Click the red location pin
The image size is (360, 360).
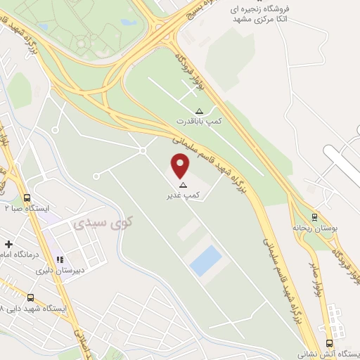(181, 166)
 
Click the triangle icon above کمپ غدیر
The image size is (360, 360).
(183, 185)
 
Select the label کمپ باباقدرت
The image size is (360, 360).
(199, 121)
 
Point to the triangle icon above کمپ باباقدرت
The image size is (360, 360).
(199, 111)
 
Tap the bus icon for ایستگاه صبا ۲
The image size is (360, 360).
(27, 198)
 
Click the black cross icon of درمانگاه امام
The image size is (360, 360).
(8, 244)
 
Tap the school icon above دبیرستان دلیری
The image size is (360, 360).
(60, 259)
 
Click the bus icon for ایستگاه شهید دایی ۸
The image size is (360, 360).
(31, 297)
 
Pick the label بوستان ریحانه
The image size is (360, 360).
(314, 229)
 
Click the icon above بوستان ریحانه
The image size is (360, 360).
(314, 217)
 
